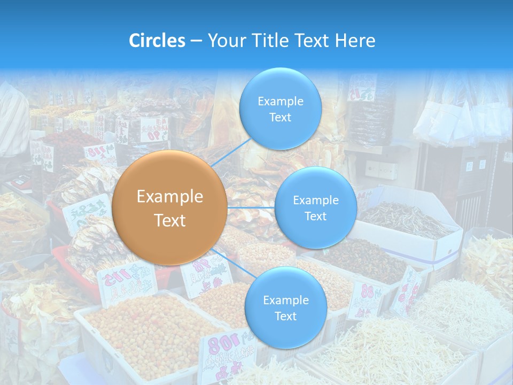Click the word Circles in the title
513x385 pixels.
pyautogui.click(x=157, y=41)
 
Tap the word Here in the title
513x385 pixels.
pyautogui.click(x=355, y=41)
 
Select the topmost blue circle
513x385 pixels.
pyautogui.click(x=280, y=109)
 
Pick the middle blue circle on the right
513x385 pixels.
pyautogui.click(x=315, y=207)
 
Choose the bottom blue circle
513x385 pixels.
pyautogui.click(x=285, y=307)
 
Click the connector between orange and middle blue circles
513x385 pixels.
pyautogui.click(x=251, y=207)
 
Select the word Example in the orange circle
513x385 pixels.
pyautogui.click(x=169, y=197)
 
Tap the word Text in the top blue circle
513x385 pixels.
pyautogui.click(x=280, y=117)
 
